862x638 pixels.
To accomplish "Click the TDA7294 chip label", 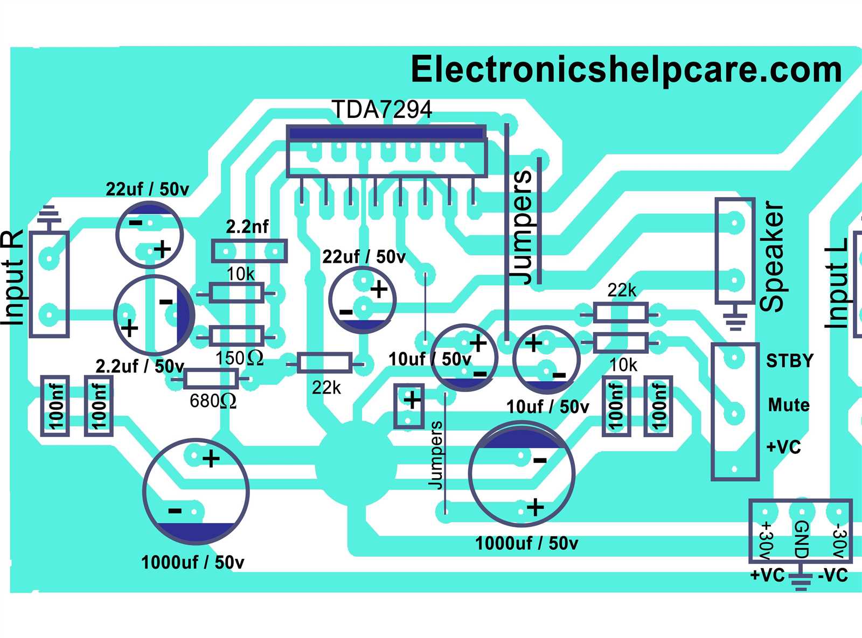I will (381, 110).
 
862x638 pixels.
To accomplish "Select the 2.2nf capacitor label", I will (247, 227).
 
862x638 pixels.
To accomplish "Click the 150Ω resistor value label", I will (239, 358).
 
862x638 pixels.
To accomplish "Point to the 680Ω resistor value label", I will (213, 401).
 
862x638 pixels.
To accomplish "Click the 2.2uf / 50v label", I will (140, 367).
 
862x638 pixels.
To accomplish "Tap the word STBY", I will (790, 360).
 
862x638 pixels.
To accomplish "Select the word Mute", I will (789, 404).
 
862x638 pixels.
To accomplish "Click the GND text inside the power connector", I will (801, 539).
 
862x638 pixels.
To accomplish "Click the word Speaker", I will (773, 256).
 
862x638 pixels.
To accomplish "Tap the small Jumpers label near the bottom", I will (435, 455).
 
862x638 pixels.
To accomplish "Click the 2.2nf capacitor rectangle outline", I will (249, 251).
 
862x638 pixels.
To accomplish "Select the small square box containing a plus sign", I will (409, 405).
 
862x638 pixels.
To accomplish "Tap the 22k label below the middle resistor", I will (326, 388).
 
